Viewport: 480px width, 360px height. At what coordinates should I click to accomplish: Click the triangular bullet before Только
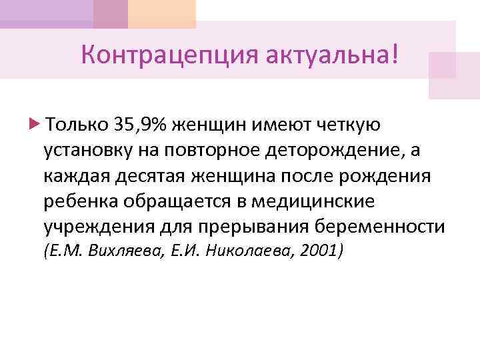coord(35,124)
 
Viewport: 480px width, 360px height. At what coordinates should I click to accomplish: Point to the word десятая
coord(151,177)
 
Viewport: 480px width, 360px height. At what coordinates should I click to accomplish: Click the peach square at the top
coord(162,13)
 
